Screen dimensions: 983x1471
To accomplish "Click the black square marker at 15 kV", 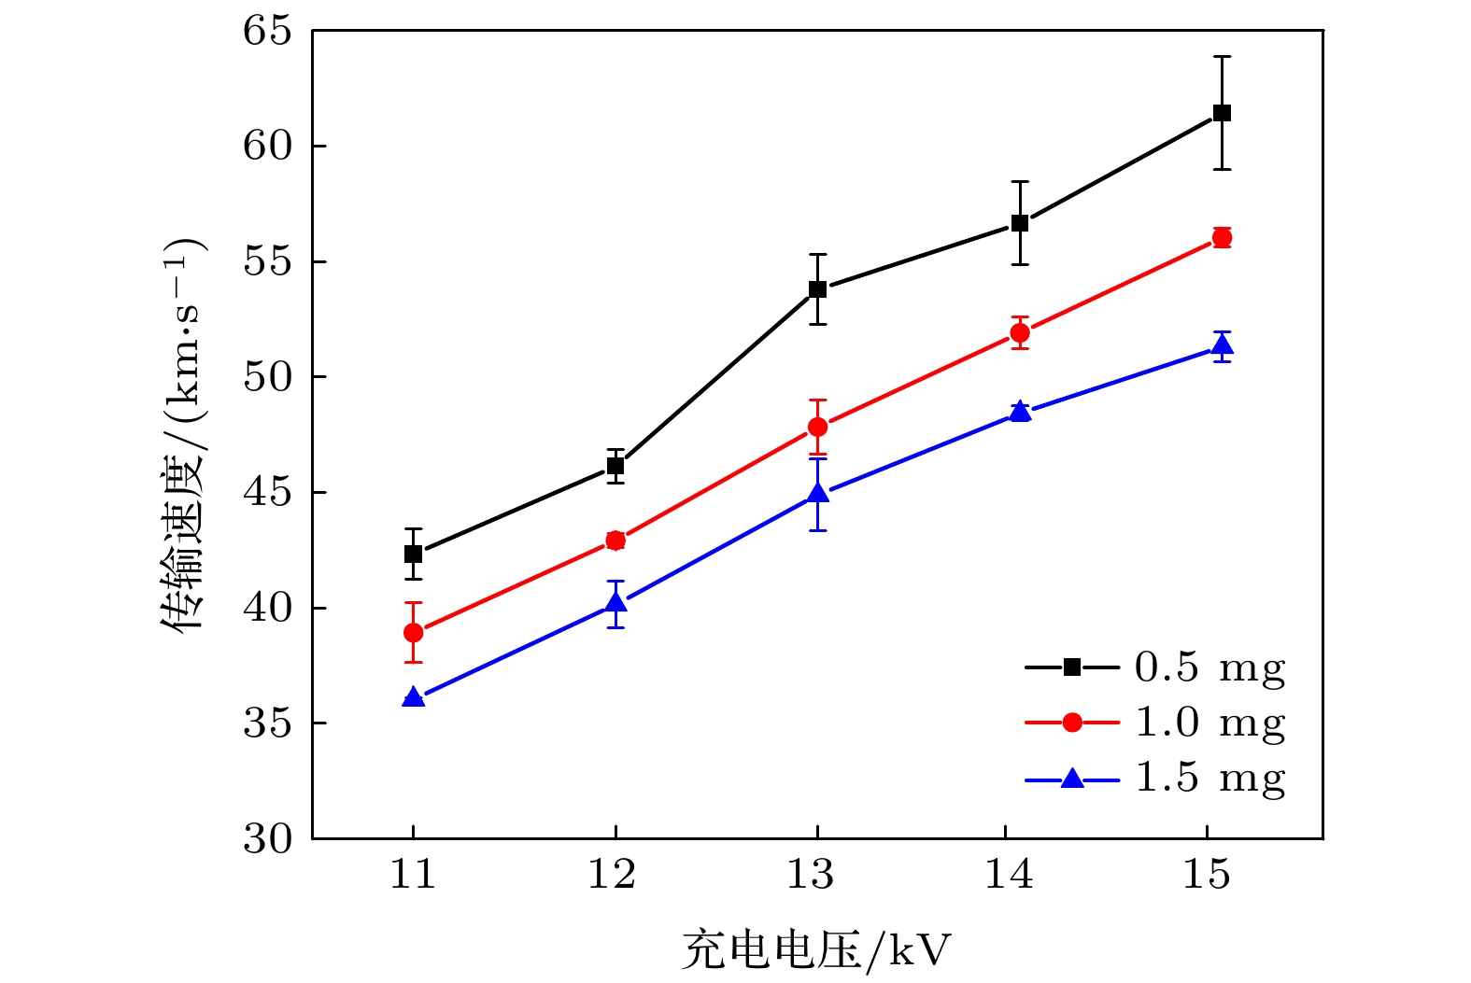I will [1222, 113].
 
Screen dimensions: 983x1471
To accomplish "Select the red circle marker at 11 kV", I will [413, 633].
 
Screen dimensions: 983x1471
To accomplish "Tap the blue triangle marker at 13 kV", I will [818, 493].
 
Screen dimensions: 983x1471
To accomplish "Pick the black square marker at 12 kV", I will [615, 466].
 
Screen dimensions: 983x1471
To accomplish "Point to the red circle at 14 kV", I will [1020, 333].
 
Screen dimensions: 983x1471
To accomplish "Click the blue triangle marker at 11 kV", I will [413, 697].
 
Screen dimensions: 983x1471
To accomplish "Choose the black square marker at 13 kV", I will [818, 289].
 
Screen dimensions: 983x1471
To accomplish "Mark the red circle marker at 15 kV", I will [1222, 238].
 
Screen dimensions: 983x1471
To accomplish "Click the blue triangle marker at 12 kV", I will [615, 603].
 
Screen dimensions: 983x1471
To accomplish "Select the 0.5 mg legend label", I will [1209, 667].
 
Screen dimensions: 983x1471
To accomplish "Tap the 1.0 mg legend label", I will [1209, 723].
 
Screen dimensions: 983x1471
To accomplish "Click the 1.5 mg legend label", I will [1209, 778].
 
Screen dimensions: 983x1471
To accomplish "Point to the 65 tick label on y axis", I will [267, 31].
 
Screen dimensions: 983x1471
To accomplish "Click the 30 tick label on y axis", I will [267, 839].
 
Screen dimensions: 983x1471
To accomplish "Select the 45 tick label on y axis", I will [267, 493].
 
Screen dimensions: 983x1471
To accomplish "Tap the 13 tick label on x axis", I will [810, 875].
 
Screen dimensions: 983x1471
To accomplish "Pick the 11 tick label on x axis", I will [413, 875].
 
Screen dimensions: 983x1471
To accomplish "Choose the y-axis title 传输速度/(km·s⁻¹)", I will [183, 435].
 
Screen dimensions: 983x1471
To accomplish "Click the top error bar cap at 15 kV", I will [1222, 57].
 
